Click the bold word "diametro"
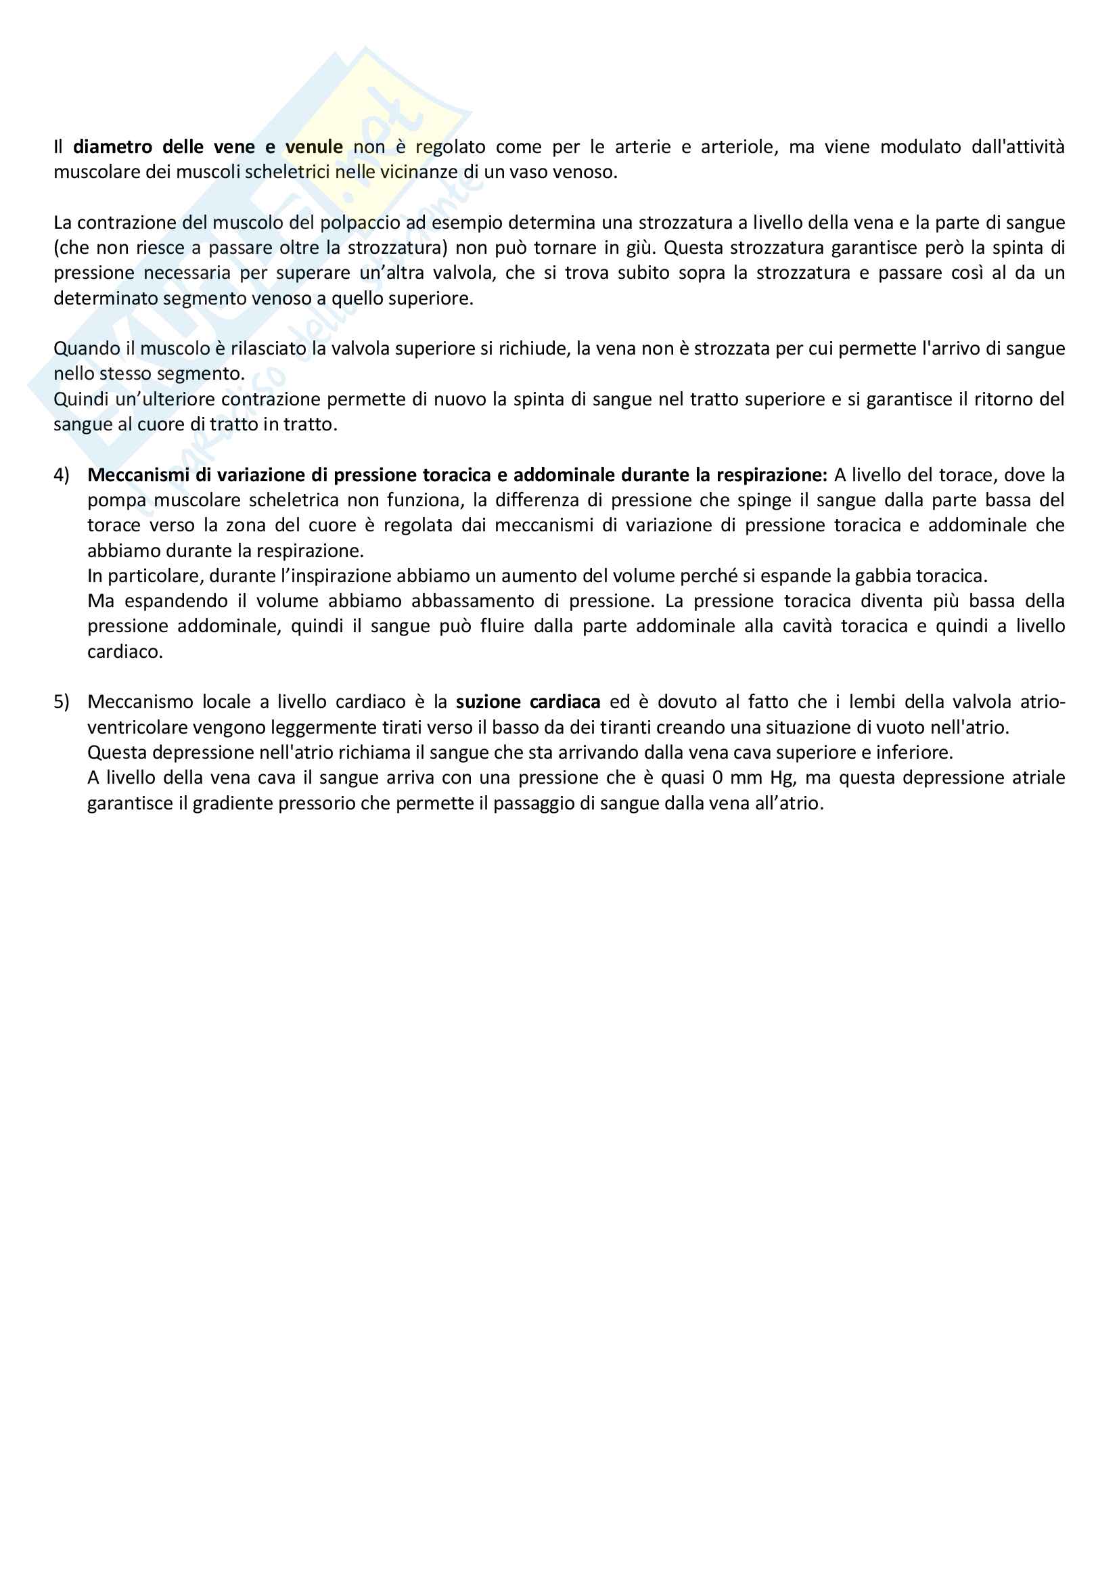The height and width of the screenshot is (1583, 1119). coord(112,147)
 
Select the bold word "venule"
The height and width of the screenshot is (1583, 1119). coord(313,147)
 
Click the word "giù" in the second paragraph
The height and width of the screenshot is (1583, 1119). coord(639,248)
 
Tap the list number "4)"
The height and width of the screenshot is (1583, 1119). coord(62,475)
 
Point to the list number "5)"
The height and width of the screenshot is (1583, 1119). coord(62,702)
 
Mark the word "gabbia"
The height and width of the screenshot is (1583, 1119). coord(882,576)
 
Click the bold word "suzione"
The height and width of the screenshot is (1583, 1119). coord(488,702)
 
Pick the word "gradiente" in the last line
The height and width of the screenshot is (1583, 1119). coord(232,803)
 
